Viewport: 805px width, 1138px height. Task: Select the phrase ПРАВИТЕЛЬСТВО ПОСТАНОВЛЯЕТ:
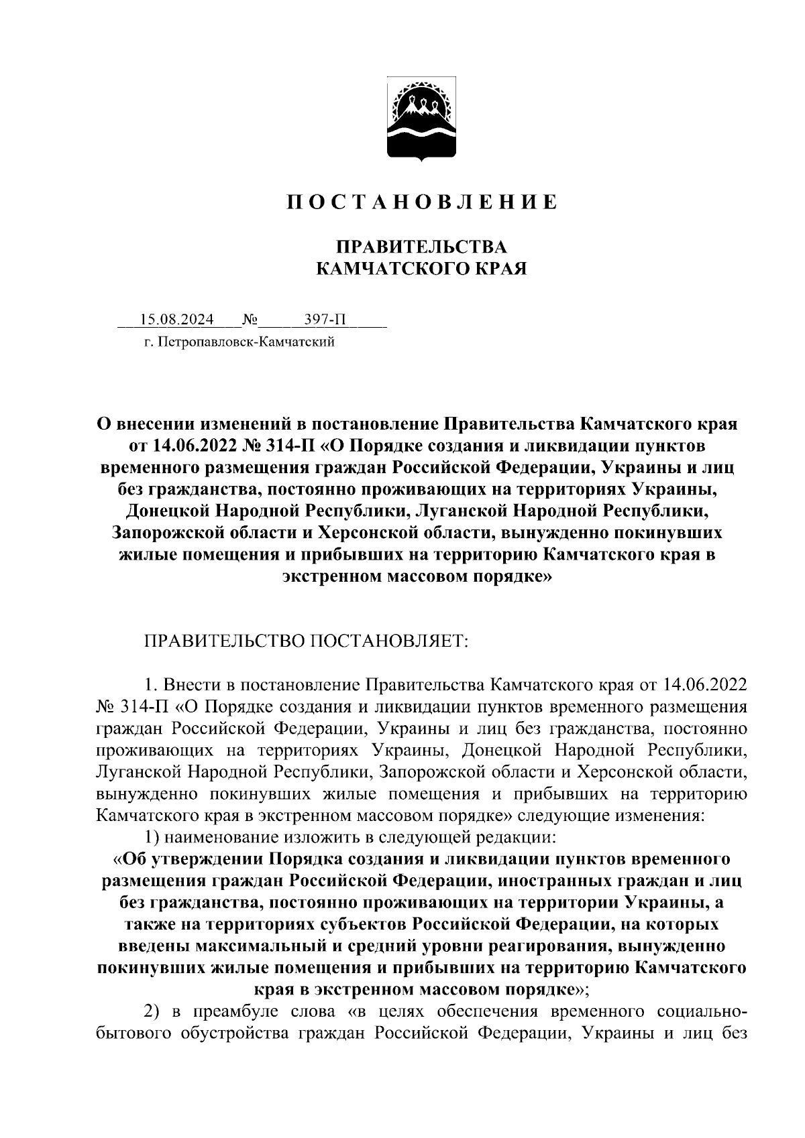tap(307, 642)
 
